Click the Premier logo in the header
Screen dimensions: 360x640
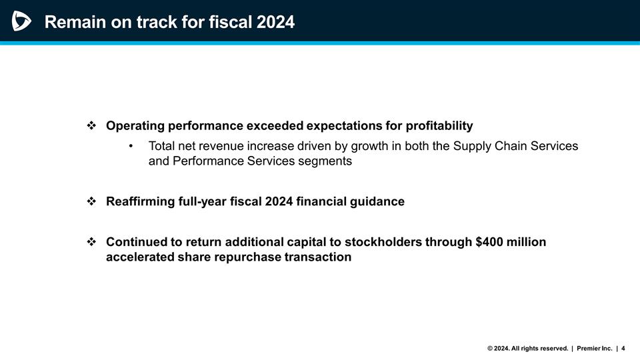[21, 21]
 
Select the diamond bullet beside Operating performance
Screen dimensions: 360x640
[92, 125]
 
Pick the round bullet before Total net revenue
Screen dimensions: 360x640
[132, 146]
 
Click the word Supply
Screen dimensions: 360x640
[472, 146]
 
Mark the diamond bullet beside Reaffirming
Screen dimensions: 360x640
[92, 201]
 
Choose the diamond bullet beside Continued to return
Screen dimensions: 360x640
[92, 241]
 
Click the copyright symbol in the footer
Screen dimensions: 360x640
[491, 348]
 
